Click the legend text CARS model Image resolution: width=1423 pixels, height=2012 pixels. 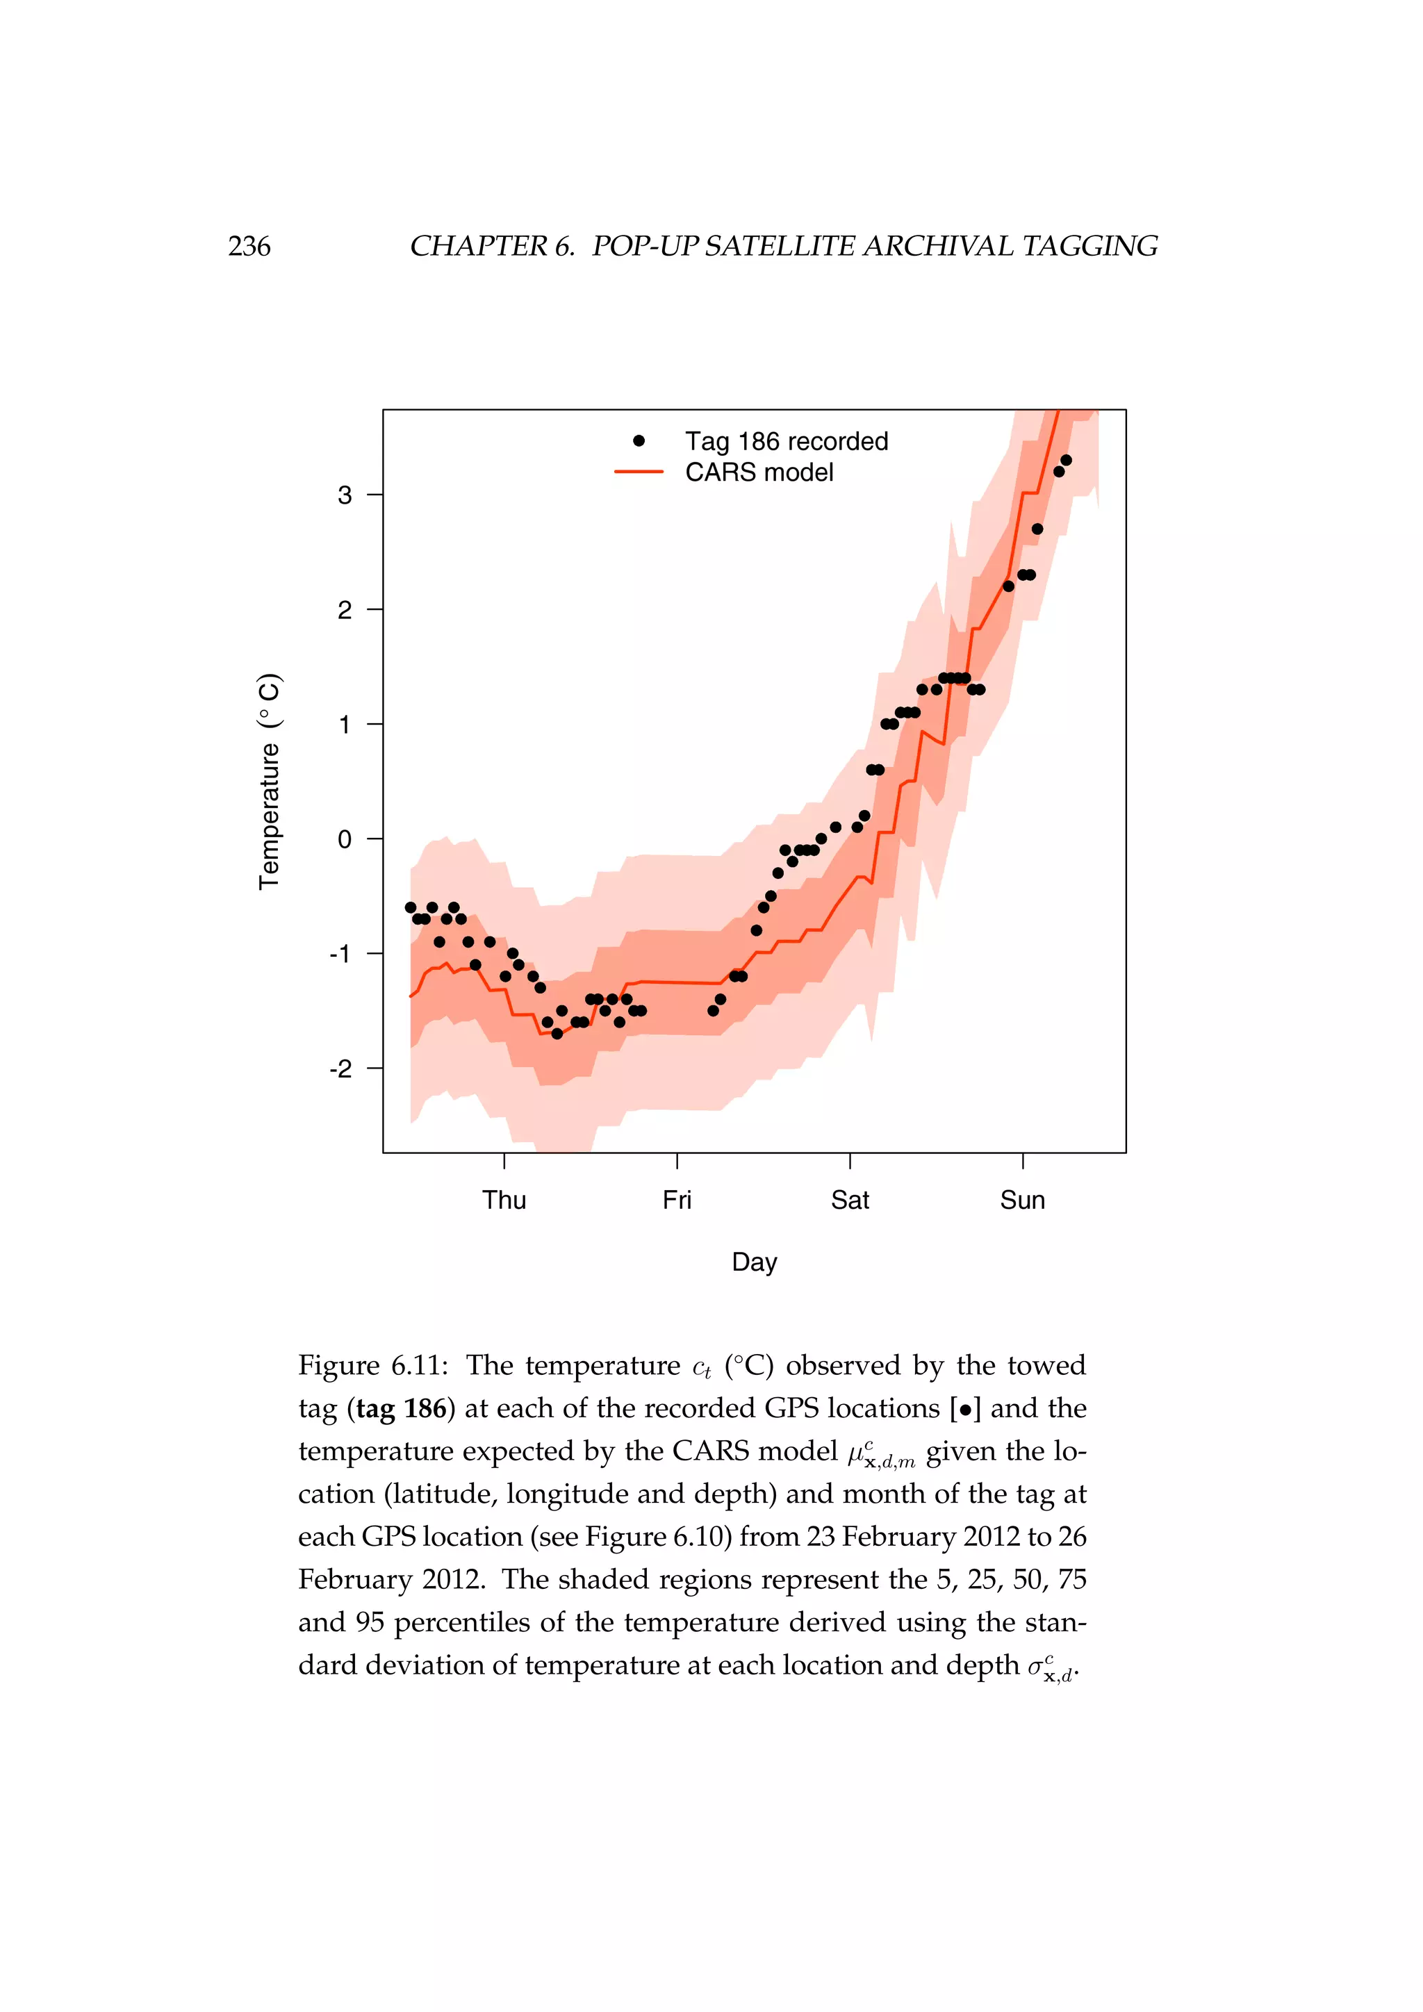(759, 472)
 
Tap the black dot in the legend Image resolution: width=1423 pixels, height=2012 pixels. (639, 440)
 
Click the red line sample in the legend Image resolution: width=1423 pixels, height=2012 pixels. (639, 472)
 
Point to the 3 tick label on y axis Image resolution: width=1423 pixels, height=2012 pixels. (345, 495)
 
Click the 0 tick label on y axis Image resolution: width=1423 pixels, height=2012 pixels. (345, 839)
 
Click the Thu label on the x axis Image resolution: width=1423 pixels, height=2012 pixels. (504, 1200)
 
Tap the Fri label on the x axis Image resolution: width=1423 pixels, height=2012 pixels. (677, 1200)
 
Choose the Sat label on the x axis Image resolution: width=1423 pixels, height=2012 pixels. (849, 1200)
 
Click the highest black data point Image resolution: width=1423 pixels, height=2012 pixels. (1065, 460)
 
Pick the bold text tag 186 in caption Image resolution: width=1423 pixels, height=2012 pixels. (402, 1408)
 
